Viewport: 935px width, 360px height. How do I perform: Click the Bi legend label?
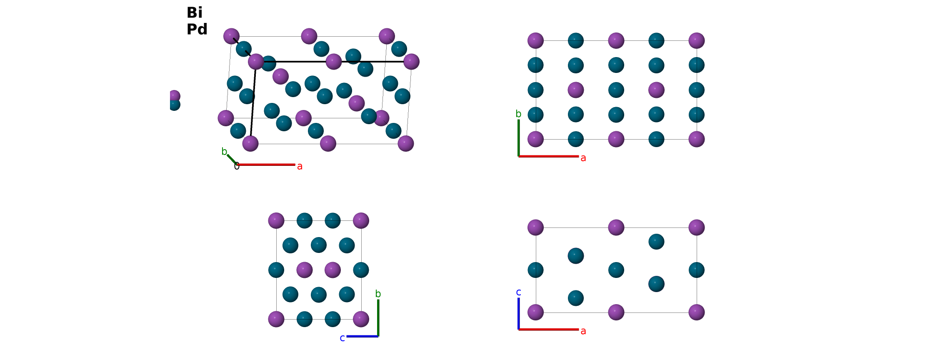194,12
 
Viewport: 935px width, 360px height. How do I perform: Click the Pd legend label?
197,29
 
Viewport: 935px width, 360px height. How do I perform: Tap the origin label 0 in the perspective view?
237,167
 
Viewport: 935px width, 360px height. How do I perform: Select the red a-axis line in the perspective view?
266,165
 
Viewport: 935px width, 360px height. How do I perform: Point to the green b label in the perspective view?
224,151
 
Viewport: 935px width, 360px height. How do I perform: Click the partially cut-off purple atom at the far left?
175,96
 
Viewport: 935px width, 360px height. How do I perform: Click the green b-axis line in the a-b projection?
518,138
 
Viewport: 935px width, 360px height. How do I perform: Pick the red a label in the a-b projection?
583,158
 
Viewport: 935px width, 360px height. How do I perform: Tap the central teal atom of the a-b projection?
616,90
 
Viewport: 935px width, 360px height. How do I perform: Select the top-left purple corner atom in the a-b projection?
535,40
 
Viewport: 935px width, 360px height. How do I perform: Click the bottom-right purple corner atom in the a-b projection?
696,139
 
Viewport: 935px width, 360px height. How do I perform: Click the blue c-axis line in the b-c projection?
362,336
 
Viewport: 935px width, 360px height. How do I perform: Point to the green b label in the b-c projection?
378,294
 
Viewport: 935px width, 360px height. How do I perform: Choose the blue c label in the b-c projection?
342,338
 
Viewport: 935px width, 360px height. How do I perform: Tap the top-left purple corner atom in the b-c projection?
276,220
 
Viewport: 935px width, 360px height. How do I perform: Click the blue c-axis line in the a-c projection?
518,313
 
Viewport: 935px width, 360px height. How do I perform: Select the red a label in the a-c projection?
583,331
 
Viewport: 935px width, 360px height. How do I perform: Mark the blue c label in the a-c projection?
518,292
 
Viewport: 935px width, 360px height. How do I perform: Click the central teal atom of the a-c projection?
616,270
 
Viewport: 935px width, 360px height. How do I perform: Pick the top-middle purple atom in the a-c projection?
616,227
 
